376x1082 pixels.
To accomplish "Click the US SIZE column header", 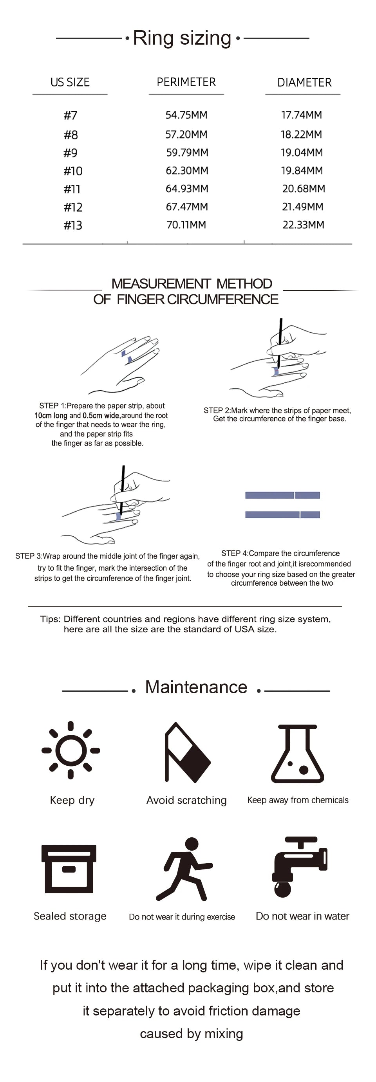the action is tap(70, 82).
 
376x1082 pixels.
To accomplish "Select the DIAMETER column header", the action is tap(304, 82).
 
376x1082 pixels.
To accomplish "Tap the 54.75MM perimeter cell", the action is tap(186, 115).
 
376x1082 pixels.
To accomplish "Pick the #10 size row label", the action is tap(73, 171).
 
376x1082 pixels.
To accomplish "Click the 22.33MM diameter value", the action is tap(303, 225).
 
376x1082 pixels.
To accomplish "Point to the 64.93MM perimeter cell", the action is tap(186, 189).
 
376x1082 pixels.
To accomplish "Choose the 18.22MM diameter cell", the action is tap(301, 134).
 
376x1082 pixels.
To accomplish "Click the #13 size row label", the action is tap(73, 225).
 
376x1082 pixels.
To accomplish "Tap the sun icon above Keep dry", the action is tap(70, 750).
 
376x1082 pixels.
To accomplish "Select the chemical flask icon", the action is tap(297, 754).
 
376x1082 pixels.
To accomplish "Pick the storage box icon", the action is tap(69, 869).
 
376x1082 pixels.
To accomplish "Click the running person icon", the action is tap(184, 869).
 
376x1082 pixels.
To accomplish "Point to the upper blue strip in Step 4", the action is tap(282, 495).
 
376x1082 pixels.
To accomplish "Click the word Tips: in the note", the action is tap(51, 619).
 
